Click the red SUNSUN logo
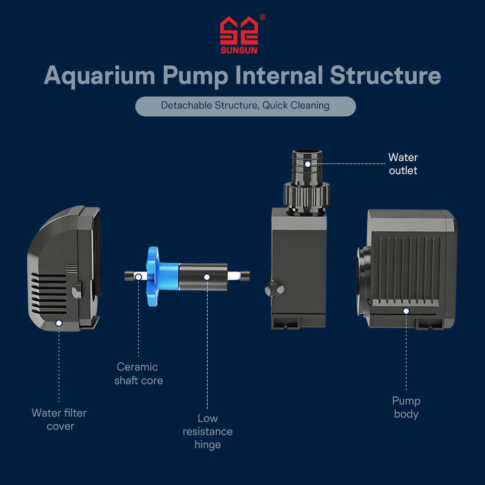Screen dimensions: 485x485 [x=239, y=35]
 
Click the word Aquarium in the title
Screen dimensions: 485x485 [x=100, y=76]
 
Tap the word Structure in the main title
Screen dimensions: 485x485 [x=385, y=75]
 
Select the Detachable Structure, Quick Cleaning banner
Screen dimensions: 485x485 [x=246, y=106]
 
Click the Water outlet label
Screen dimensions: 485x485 [x=403, y=164]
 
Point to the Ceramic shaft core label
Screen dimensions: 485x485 [x=138, y=373]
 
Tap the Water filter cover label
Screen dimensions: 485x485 [x=59, y=419]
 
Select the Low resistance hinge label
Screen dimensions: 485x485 [x=208, y=431]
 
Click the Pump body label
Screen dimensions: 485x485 [x=406, y=407]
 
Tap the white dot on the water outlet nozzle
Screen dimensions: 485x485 [x=308, y=164]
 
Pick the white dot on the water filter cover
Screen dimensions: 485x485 [x=59, y=323]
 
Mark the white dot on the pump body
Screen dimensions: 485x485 [x=406, y=311]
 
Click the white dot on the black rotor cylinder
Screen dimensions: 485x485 [x=207, y=277]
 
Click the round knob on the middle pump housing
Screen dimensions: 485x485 [x=274, y=289]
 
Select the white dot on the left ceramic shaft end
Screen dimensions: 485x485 [x=138, y=277]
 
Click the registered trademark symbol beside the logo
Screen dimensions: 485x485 [x=262, y=17]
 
